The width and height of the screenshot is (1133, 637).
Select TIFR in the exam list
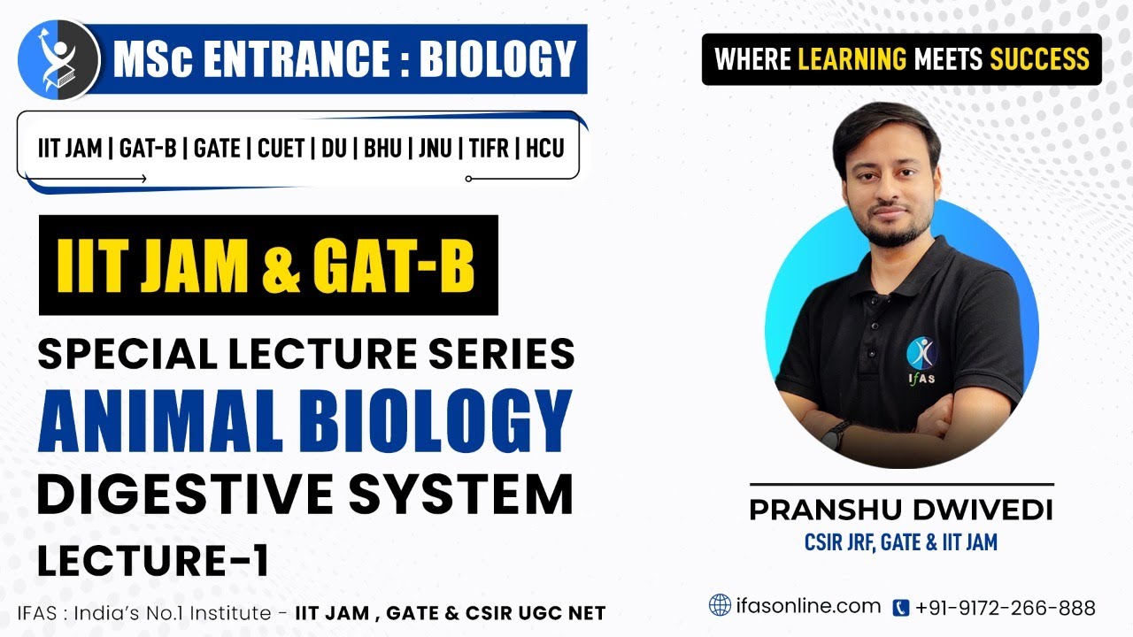[x=487, y=148]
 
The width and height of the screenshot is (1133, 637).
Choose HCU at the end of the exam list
[x=544, y=148]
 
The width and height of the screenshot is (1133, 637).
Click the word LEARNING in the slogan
[x=852, y=59]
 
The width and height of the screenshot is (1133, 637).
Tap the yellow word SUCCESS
[x=1039, y=59]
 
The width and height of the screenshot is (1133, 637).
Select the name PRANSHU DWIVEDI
[x=901, y=511]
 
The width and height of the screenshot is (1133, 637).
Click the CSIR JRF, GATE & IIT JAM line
[x=901, y=541]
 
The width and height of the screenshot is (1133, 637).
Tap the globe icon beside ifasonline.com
[x=720, y=606]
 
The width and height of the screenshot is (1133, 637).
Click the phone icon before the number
[x=900, y=608]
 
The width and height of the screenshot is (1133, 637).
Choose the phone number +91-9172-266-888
[x=1006, y=608]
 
